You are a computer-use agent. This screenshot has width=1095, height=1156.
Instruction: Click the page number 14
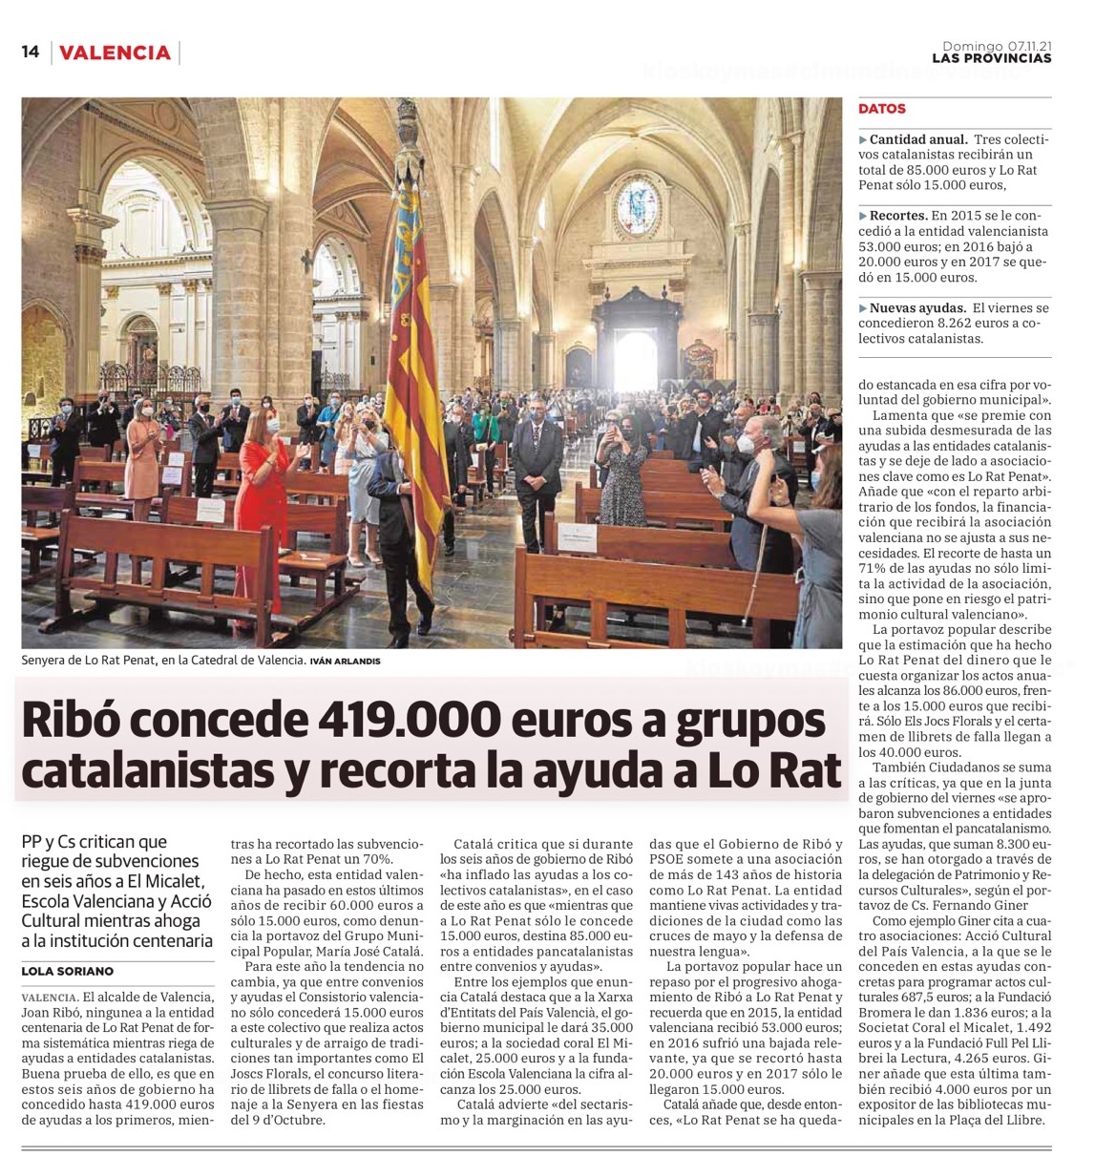[31, 53]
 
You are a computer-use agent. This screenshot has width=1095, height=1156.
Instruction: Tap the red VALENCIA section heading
[115, 53]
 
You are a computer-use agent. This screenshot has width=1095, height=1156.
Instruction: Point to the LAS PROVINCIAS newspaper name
[991, 59]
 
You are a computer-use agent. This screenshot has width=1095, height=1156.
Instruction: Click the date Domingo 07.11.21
[997, 45]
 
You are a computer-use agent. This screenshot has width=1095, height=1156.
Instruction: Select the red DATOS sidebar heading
[881, 109]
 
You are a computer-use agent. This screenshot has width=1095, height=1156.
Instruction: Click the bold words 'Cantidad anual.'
[918, 139]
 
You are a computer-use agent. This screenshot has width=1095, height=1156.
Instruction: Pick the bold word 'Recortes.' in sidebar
[898, 216]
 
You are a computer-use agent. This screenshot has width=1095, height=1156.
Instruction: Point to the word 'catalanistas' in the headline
[148, 771]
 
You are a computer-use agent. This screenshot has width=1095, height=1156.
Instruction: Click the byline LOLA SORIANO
[67, 971]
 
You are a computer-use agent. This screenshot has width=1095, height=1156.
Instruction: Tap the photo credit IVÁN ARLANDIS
[346, 661]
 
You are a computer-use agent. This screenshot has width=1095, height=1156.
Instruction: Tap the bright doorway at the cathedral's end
[635, 358]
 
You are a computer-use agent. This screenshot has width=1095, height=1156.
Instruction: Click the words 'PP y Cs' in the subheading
[50, 842]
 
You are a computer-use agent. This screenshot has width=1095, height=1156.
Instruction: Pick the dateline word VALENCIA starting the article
[48, 998]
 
